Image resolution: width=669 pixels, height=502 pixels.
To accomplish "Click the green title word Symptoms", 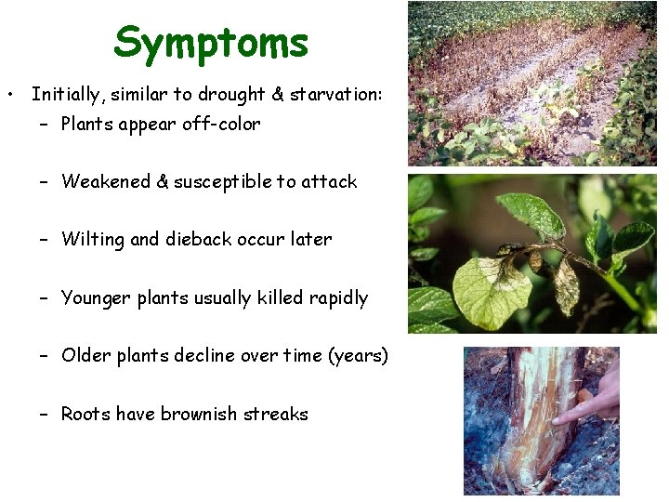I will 211,43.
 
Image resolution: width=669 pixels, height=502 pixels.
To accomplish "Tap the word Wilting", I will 92,239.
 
